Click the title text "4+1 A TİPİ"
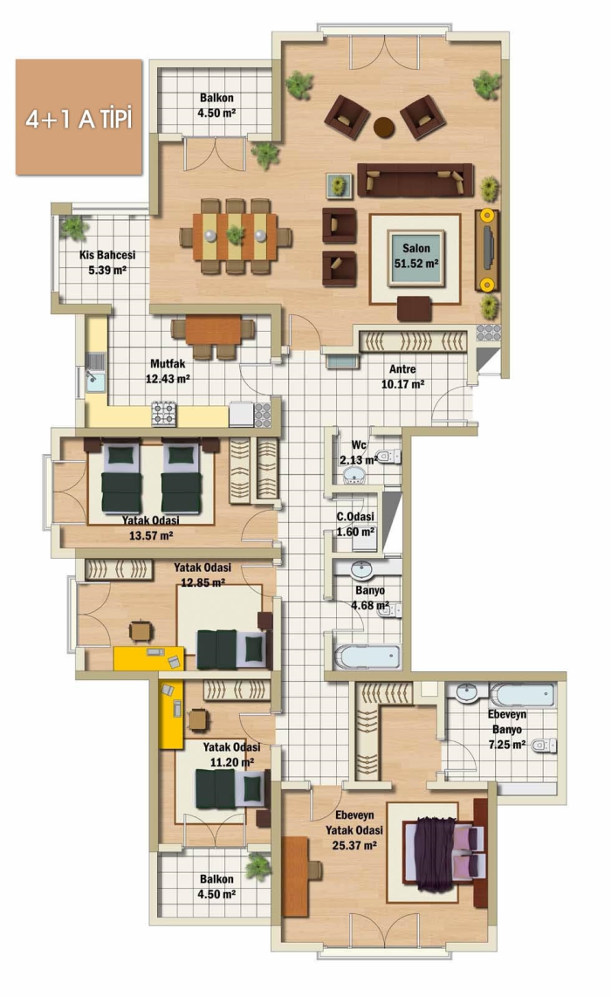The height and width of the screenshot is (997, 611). (79, 119)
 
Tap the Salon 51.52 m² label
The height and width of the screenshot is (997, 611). (415, 256)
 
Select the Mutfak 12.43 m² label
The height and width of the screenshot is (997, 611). (168, 371)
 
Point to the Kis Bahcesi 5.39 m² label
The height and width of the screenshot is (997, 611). (106, 262)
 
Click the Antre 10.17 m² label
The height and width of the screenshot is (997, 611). (402, 376)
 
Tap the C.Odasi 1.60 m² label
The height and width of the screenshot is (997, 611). (355, 524)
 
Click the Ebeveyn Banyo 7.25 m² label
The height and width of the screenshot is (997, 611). (507, 729)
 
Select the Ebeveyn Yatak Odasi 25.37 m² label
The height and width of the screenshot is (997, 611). (354, 829)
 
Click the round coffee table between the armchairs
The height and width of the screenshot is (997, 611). (384, 127)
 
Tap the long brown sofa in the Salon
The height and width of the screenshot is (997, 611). (415, 180)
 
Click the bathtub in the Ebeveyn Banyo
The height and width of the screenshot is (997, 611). (522, 694)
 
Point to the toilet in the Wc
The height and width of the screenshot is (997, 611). (388, 456)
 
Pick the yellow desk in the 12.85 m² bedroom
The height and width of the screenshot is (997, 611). (148, 658)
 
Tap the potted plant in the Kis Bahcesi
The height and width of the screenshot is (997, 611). (73, 228)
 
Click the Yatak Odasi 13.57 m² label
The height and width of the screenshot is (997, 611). (151, 528)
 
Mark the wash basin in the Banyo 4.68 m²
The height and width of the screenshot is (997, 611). (362, 570)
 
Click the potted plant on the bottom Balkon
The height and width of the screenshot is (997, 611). (258, 866)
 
